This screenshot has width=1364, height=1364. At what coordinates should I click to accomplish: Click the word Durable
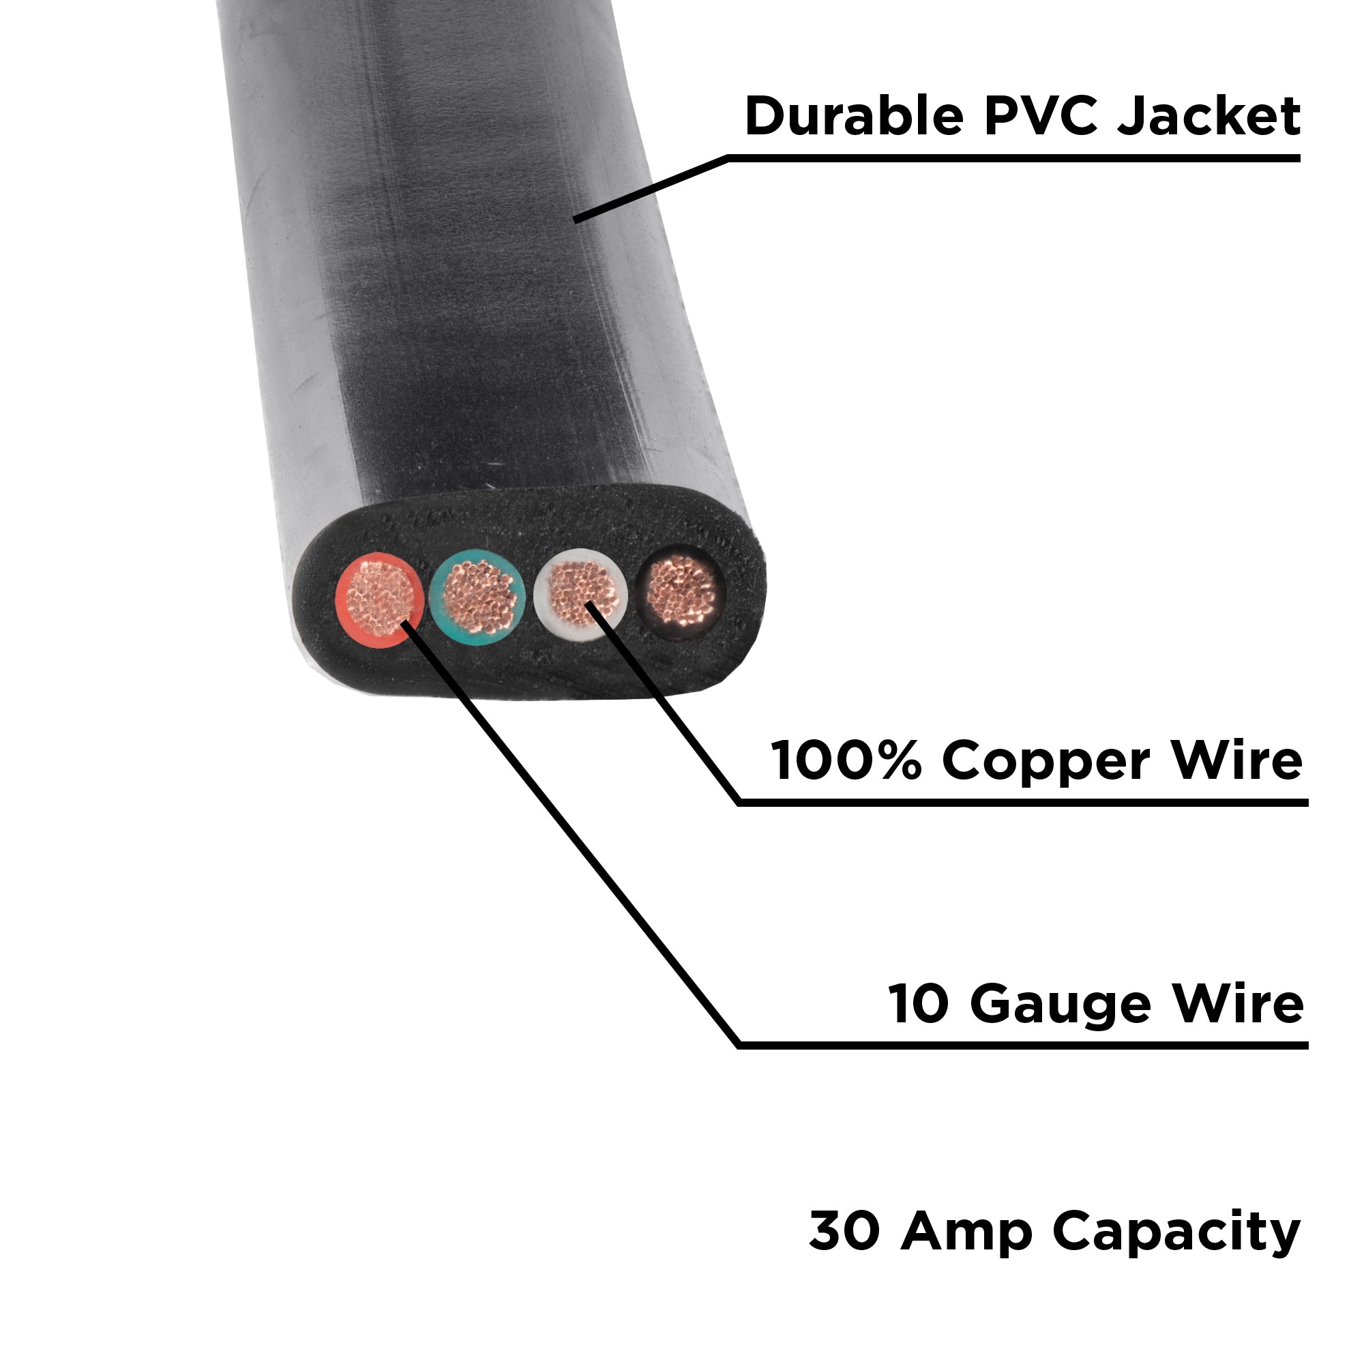point(854,117)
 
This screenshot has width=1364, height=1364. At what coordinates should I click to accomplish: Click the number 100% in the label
point(846,761)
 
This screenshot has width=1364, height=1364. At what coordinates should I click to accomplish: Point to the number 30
point(844,1231)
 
